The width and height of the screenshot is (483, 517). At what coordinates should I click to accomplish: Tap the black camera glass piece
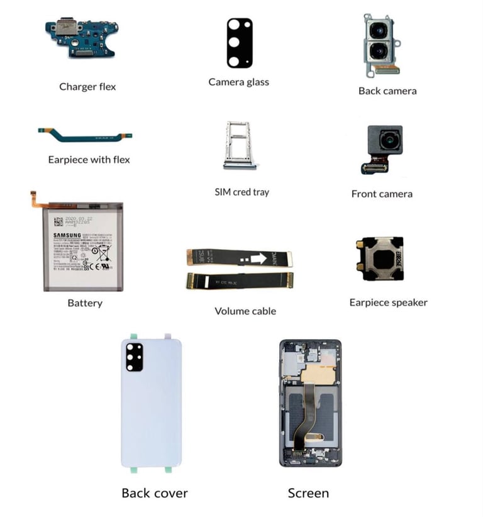(239, 43)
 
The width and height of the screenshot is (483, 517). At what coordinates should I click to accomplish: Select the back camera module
(381, 44)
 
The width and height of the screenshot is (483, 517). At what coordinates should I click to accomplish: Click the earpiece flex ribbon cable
(86, 135)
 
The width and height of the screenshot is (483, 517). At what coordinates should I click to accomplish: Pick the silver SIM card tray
(240, 145)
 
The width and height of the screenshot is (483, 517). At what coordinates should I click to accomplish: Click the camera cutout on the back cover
(134, 357)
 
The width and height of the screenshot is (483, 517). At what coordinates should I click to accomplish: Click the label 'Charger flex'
(87, 87)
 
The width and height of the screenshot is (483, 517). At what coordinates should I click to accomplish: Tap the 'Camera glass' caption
(238, 82)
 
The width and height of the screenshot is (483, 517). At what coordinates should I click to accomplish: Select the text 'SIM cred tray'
(241, 192)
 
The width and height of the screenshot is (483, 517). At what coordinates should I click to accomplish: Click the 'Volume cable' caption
(245, 311)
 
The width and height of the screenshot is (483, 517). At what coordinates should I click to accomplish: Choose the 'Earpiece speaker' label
(388, 303)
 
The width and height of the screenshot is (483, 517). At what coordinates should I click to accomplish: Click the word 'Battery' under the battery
(85, 303)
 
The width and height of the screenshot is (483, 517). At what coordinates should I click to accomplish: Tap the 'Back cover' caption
(154, 492)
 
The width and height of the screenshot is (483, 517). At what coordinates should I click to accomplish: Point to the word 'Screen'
(308, 492)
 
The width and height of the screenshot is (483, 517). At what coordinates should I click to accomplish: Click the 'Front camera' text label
(382, 194)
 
